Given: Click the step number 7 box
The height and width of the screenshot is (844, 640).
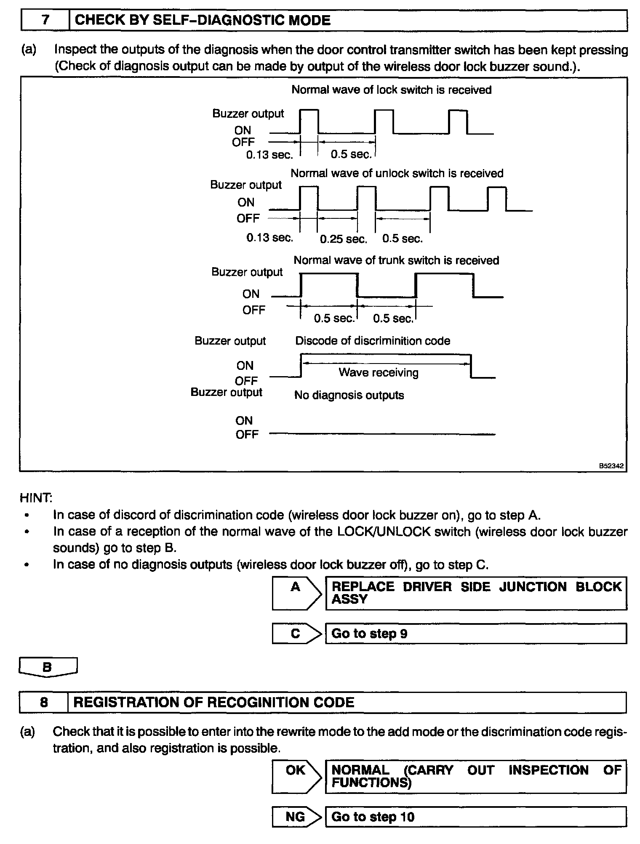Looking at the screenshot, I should (x=45, y=21).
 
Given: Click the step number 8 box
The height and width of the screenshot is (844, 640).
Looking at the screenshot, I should (x=43, y=702).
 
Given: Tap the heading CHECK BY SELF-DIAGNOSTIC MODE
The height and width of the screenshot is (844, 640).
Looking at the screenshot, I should (x=203, y=21).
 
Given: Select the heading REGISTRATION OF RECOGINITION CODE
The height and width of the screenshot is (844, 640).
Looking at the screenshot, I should (x=214, y=702).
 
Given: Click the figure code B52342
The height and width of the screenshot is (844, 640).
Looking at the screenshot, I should (x=611, y=466).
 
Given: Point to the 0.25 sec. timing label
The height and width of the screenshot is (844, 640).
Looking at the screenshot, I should (x=344, y=239).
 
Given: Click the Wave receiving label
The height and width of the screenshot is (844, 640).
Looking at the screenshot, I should (x=379, y=373).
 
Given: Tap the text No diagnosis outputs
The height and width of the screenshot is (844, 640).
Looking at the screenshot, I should (x=349, y=395).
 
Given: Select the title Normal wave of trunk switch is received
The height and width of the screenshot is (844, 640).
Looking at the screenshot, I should (x=396, y=260).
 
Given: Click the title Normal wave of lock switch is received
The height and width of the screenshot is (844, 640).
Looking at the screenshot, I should (x=392, y=90).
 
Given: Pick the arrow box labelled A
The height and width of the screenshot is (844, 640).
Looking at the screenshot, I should (x=296, y=593).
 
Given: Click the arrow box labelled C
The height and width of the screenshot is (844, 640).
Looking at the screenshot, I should (x=296, y=634).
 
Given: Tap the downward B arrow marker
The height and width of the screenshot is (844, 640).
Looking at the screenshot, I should (x=48, y=667).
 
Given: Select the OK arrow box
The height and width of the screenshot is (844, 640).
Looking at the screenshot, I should (x=296, y=777).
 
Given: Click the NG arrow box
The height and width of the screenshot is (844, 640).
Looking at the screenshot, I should (x=296, y=817).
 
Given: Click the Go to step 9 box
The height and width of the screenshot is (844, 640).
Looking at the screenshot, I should (x=476, y=634).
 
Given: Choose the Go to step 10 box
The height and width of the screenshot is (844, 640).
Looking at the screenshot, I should (x=476, y=817).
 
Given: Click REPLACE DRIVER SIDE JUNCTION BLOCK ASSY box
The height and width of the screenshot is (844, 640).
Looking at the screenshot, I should (x=476, y=593).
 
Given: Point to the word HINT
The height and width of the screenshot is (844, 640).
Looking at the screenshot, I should (x=36, y=498).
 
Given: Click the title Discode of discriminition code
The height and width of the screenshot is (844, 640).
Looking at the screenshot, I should (x=373, y=341).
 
